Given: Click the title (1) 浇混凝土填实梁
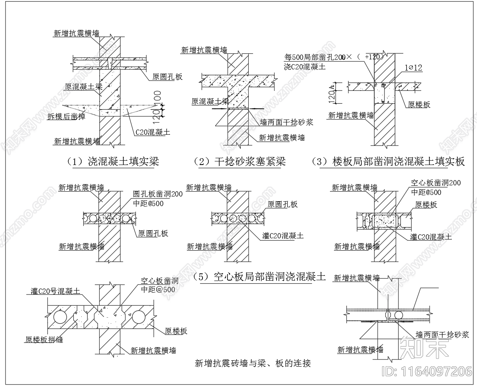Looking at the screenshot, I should point(113,161).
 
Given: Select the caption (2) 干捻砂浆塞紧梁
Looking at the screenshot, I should point(239,161).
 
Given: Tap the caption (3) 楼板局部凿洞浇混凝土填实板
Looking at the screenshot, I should point(389,161).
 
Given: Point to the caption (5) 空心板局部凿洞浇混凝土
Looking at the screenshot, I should point(259,277).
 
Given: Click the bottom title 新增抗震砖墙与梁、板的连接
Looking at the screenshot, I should point(253,363).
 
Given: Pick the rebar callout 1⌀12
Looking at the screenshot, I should point(412,69).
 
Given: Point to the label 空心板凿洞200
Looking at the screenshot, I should point(436,183).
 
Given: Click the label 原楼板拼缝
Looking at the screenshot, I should point(44,340).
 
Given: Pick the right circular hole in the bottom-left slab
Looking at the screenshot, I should point(140,317).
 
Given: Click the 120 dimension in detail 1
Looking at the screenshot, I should point(157,114).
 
